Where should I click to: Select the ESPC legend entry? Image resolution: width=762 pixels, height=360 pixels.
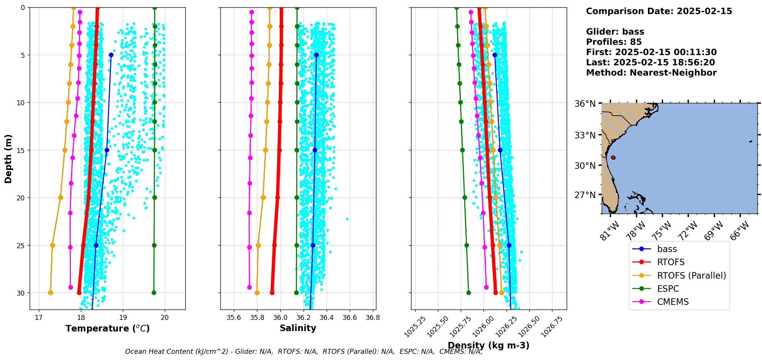tap(668, 289)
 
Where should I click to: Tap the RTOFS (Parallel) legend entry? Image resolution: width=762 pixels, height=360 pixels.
tap(691, 276)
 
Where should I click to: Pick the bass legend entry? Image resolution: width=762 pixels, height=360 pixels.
tap(666, 249)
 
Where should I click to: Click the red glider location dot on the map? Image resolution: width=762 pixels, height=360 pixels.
tap(613, 158)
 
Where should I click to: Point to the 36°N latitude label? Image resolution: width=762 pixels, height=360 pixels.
tap(585, 104)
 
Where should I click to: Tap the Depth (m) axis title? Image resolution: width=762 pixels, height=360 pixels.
tap(8, 159)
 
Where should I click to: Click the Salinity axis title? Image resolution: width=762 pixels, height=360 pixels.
tap(298, 328)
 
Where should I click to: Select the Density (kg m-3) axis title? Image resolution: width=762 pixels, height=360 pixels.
tap(488, 345)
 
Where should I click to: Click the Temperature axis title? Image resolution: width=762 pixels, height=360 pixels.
tap(107, 328)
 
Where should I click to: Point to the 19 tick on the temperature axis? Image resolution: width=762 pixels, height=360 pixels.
tap(123, 318)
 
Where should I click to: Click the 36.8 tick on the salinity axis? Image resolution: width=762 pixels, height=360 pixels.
tap(373, 318)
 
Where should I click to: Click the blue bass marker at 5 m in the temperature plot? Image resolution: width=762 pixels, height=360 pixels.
tap(111, 55)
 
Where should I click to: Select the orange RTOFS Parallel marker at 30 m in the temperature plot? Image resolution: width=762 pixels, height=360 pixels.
tap(50, 293)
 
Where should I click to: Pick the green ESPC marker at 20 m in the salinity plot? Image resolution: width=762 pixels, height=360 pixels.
tap(297, 197)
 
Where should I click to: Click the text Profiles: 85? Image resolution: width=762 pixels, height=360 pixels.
tap(614, 42)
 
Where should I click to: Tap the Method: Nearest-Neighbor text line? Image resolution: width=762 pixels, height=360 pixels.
tap(651, 72)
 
